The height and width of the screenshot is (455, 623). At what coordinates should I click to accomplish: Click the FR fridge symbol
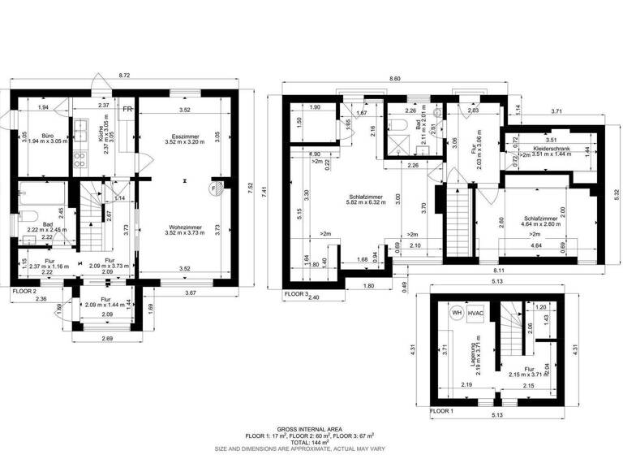pyautogui.click(x=127, y=107)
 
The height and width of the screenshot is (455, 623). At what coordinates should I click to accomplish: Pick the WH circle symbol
pyautogui.click(x=457, y=312)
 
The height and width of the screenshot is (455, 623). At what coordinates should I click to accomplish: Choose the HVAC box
pyautogui.click(x=478, y=313)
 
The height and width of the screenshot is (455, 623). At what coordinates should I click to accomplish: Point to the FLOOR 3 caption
pyautogui.click(x=295, y=293)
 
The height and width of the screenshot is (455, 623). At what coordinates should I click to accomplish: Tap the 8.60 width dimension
pyautogui.click(x=395, y=78)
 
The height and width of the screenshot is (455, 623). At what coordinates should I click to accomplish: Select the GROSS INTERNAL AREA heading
pyautogui.click(x=310, y=428)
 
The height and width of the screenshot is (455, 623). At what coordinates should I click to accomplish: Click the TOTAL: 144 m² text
pyautogui.click(x=310, y=441)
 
